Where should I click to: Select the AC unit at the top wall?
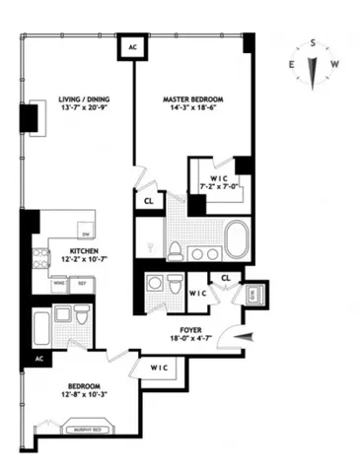(x=129, y=46)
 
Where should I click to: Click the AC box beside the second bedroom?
(x=39, y=358)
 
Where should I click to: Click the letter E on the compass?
(x=292, y=65)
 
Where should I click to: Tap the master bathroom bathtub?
(x=238, y=239)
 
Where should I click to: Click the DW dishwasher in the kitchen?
(x=86, y=234)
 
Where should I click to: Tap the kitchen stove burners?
(x=40, y=259)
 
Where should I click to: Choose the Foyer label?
(x=191, y=332)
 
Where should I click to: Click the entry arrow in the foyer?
(x=243, y=338)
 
